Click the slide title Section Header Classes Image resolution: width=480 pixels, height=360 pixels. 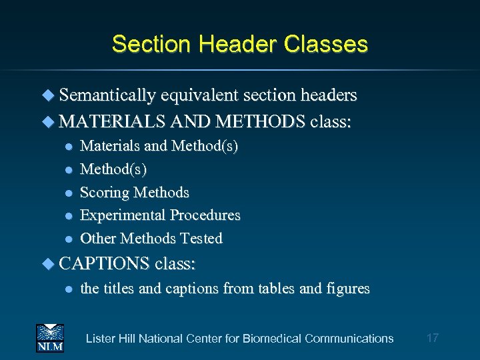tap(240, 44)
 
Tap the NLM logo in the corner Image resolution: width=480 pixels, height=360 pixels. tap(50, 338)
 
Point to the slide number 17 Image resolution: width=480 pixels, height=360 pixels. tap(433, 338)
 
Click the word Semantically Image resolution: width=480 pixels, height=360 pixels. tap(107, 96)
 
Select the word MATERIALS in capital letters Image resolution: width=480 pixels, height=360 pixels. tap(113, 122)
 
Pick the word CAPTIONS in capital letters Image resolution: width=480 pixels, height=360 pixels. tap(104, 264)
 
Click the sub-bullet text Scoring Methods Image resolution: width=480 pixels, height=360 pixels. tap(135, 193)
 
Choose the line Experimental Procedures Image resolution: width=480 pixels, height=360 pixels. tap(160, 215)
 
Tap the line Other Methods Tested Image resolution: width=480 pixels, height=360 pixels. tap(151, 238)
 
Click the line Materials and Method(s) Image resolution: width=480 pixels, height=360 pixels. tap(159, 145)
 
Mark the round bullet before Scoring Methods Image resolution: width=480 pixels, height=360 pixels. tap(68, 193)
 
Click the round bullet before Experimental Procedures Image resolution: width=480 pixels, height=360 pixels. tap(68, 216)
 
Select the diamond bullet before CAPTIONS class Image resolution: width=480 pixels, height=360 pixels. tap(49, 265)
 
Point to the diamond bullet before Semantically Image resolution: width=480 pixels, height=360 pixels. tap(49, 96)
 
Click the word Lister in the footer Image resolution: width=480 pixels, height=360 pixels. tap(101, 339)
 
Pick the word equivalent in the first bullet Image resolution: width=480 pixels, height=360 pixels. tap(198, 96)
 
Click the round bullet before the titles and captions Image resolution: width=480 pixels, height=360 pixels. tap(68, 289)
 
